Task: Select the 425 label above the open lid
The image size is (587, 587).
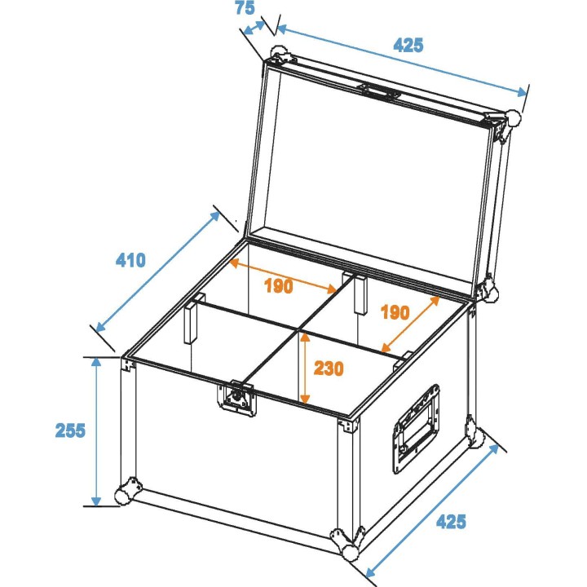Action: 408,45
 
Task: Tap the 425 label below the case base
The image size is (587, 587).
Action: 451,521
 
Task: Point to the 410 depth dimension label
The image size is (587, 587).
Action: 130,261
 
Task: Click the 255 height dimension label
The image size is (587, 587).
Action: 70,430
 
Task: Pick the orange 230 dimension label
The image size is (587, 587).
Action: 329,368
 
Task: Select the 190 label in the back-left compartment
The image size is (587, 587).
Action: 278,286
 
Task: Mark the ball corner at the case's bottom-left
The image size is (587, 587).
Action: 125,494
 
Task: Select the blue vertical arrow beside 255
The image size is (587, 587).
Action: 97,430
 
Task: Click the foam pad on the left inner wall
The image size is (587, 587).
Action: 191,325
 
